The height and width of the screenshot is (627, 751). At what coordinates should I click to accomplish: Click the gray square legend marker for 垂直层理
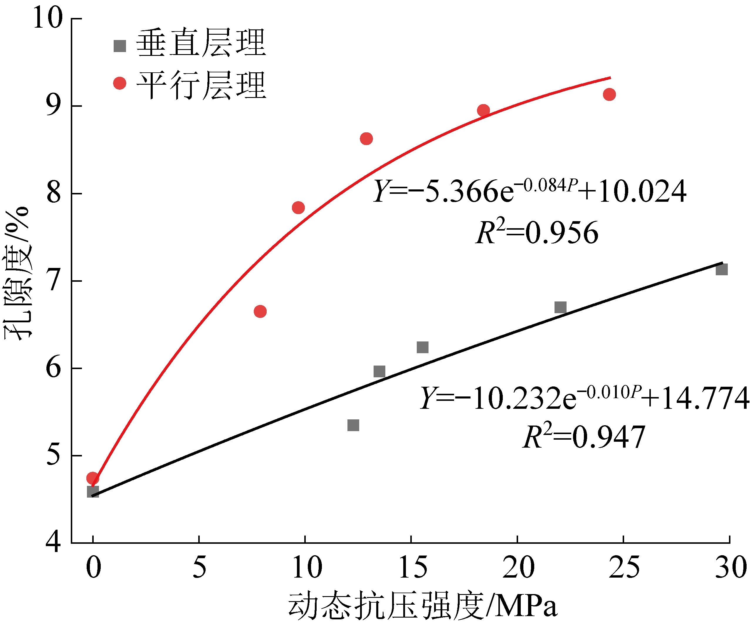tap(120, 46)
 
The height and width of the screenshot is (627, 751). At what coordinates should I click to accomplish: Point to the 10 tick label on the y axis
tap(48, 18)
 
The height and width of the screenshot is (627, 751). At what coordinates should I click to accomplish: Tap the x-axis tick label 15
tap(413, 568)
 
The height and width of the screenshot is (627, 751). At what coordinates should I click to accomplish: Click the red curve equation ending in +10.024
tap(529, 191)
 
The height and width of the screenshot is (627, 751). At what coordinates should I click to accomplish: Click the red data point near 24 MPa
tap(609, 94)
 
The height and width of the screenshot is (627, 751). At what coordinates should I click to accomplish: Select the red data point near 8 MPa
tap(260, 311)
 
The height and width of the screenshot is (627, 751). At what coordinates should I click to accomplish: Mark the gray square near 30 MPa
tap(722, 270)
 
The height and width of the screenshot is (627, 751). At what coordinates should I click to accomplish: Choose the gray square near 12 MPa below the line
tap(353, 425)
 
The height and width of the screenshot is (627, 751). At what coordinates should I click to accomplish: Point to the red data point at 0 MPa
tap(93, 478)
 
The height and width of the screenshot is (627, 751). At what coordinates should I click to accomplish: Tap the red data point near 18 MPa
tap(483, 110)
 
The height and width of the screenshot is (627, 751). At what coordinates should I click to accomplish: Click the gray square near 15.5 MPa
tap(422, 347)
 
